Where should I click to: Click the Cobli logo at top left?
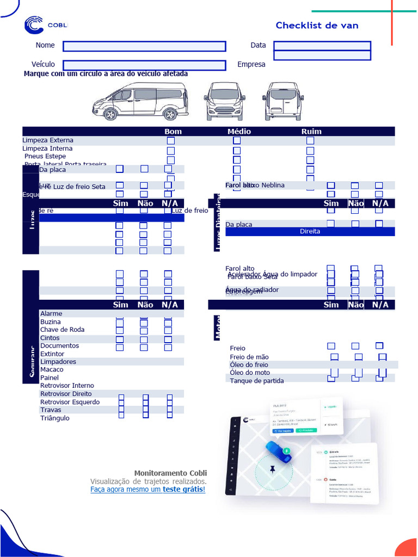tap(45, 25)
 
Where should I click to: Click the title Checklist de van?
tap(317, 26)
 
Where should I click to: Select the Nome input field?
tap(144, 46)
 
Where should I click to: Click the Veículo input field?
tap(144, 65)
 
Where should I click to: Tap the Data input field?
tap(322, 46)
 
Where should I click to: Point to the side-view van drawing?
tap(140, 102)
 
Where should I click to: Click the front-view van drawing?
tap(224, 102)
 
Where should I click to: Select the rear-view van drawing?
tap(283, 102)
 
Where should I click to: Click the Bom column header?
tap(173, 131)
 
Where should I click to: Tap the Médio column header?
tap(239, 131)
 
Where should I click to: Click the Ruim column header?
tap(311, 131)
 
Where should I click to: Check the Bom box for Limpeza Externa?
tap(171, 140)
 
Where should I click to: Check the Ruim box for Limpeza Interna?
tap(310, 150)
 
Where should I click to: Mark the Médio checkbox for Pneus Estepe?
tap(237, 160)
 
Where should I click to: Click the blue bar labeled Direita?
tap(310, 231)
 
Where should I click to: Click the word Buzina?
tap(51, 322)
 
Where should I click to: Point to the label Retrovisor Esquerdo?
tap(70, 402)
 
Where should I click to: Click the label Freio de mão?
tap(249, 357)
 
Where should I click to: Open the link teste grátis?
tap(183, 490)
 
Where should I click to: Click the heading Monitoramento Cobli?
tap(170, 473)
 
